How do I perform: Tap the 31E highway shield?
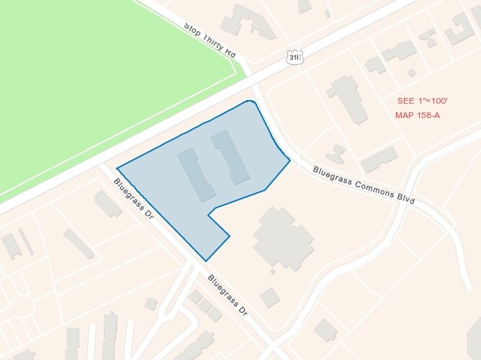tap(293, 58)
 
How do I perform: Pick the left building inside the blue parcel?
tap(196, 174)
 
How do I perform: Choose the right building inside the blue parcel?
tap(230, 156)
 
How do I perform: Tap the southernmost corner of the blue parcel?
tap(206, 261)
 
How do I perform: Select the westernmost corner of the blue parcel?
tap(117, 168)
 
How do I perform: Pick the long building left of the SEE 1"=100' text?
tap(346, 99)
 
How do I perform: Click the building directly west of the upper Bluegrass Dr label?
tap(108, 204)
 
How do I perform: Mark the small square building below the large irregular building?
tap(270, 297)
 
